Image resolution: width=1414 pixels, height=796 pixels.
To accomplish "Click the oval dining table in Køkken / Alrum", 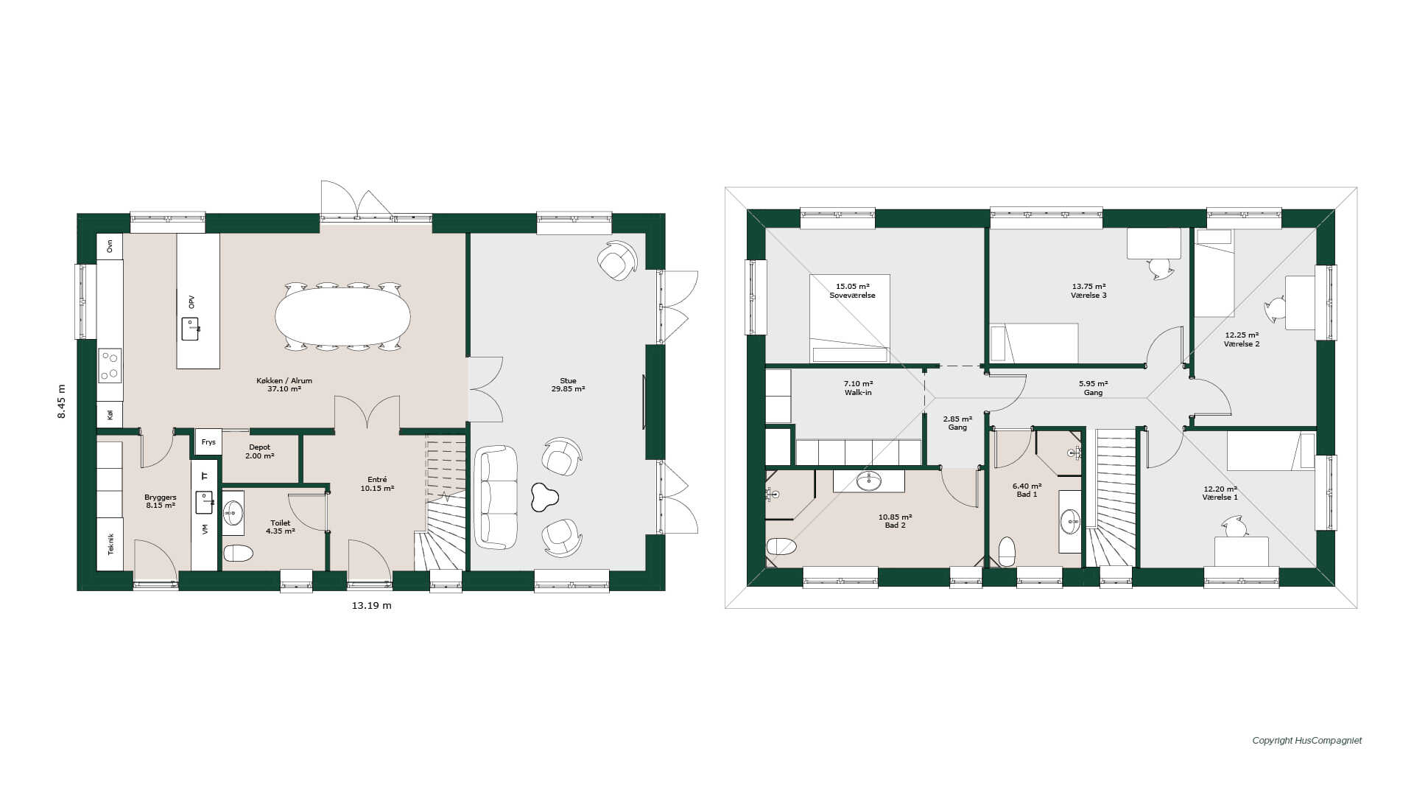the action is point(342,315).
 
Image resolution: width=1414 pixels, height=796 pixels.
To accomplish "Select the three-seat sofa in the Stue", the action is point(496,497).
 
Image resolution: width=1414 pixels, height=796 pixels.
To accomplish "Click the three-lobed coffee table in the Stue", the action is point(544,497).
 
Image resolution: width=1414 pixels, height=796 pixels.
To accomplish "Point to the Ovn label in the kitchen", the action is point(110,246).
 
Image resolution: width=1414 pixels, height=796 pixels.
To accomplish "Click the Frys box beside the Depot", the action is point(208,442).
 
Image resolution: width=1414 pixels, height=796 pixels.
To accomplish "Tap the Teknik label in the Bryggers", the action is point(111,544).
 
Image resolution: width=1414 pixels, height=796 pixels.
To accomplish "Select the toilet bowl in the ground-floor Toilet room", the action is point(238,553).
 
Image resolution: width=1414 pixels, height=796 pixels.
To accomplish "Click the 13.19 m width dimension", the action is point(371,605).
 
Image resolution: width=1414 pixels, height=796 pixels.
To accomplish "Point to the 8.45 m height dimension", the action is point(62,402).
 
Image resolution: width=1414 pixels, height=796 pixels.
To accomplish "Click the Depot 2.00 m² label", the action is point(259,452).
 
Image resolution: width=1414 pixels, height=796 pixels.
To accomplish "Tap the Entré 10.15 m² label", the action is point(377,483).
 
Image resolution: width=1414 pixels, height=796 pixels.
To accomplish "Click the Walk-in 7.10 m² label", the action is point(858,388).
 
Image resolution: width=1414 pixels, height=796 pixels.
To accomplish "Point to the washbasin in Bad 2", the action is point(869,481).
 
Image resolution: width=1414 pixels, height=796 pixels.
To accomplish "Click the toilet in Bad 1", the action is point(1007,551).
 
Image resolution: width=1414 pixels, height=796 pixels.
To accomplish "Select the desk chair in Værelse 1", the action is point(1234,526).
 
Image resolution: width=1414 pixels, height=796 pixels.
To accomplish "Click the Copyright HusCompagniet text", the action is point(1307,741).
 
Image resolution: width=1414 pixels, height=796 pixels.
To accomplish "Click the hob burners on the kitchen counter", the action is point(110,366).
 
